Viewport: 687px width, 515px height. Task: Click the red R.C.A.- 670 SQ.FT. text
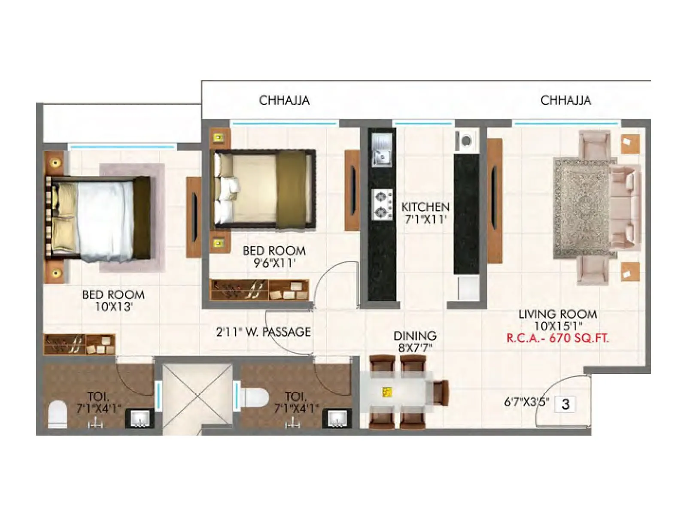point(557,338)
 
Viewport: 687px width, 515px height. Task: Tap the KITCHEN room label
point(425,207)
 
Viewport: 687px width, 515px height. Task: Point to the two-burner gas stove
point(382,205)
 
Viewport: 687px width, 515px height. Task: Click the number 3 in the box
point(565,404)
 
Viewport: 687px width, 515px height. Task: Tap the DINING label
point(415,336)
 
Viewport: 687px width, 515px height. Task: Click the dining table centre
point(395,392)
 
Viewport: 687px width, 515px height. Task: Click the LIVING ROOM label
point(557,314)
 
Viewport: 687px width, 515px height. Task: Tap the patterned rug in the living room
point(582,208)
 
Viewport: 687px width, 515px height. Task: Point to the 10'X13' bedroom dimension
point(113,306)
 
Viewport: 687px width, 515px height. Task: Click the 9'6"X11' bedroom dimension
point(274,263)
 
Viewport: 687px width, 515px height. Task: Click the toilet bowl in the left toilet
point(58,415)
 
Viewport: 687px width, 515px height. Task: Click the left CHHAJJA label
point(284,100)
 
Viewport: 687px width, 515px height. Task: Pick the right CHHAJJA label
point(565,100)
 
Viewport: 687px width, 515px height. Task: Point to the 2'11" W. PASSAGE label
point(263,332)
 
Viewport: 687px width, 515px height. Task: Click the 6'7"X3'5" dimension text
point(526,403)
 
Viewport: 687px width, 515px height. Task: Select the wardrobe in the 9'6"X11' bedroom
point(259,290)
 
